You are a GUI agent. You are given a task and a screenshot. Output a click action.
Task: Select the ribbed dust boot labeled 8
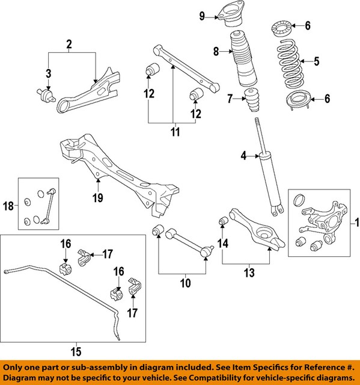[240, 60]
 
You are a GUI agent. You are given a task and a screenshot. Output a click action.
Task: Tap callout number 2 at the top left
[69, 44]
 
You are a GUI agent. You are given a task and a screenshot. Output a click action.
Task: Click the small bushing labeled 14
[222, 224]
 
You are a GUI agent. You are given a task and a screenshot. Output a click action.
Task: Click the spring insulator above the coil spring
[282, 28]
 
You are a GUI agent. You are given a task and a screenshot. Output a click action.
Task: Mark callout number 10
[185, 281]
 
